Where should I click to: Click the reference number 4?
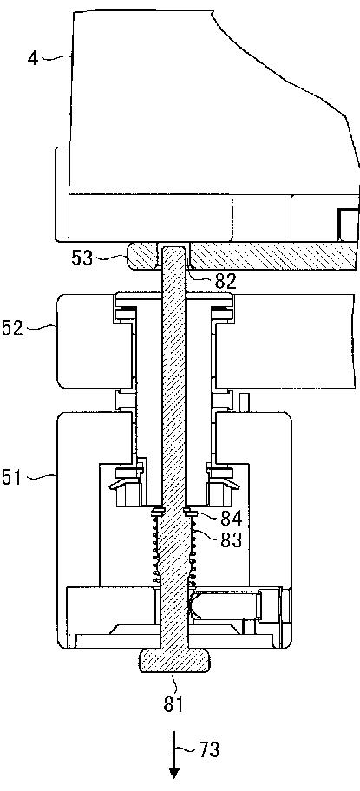(33, 58)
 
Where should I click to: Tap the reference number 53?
(82, 258)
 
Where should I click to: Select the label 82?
(226, 282)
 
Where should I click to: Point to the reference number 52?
(12, 329)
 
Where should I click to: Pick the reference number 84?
(232, 518)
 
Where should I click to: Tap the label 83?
(232, 539)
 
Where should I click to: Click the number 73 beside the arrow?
(209, 750)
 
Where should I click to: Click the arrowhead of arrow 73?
(174, 772)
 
